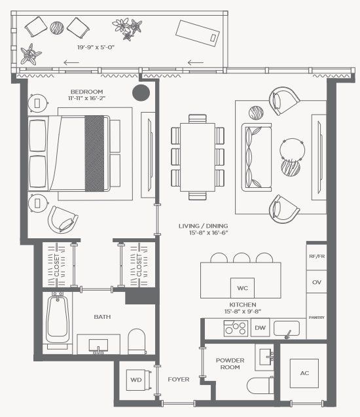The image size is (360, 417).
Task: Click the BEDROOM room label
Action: click(x=88, y=92)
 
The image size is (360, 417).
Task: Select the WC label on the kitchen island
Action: click(x=242, y=287)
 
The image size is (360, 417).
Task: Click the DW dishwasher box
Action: click(x=260, y=328)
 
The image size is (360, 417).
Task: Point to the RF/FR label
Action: click(x=316, y=256)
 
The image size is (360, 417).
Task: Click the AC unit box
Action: click(x=304, y=373)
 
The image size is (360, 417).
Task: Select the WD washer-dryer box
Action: click(x=137, y=379)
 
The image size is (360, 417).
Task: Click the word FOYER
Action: click(x=178, y=379)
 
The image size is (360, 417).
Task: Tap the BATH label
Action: click(x=102, y=317)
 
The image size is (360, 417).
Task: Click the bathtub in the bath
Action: click(x=58, y=320)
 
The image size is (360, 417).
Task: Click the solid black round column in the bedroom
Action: click(x=139, y=93)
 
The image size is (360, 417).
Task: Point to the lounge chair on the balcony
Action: click(x=198, y=32)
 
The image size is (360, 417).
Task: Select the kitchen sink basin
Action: click(x=286, y=327)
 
